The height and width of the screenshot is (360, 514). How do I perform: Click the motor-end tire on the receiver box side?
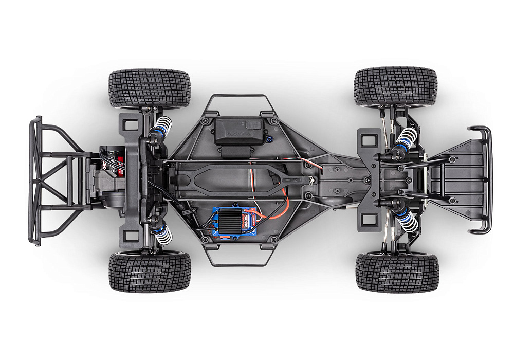click(x=150, y=88)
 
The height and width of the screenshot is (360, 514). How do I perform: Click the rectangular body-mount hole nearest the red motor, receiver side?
click(x=131, y=124)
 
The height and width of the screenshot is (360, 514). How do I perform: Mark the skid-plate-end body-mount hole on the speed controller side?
click(x=369, y=220)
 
